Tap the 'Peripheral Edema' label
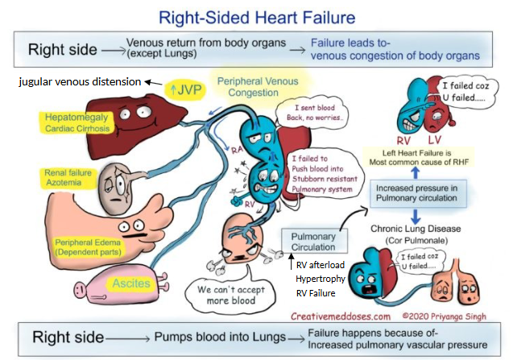tap(86, 247)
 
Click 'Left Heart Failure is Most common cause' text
tap(416, 156)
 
